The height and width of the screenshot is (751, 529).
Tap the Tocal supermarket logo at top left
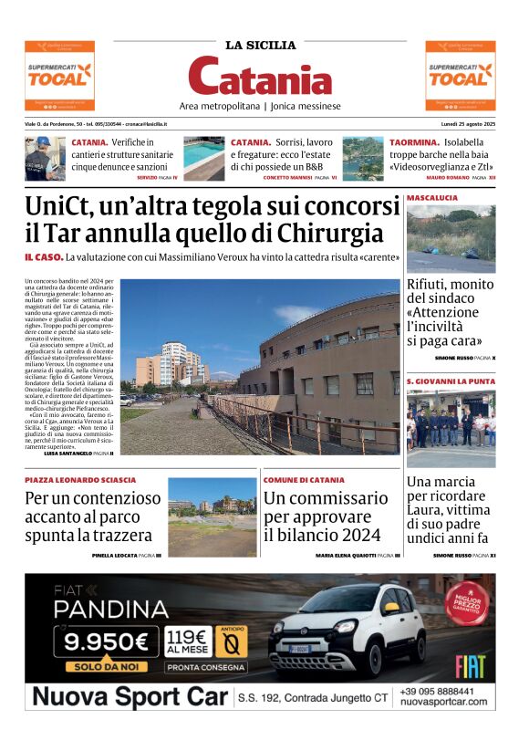click(x=58, y=74)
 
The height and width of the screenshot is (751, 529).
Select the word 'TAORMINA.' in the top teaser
click(x=415, y=142)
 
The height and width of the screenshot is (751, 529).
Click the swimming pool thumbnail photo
click(x=203, y=158)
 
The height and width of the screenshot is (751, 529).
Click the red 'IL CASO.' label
click(x=43, y=258)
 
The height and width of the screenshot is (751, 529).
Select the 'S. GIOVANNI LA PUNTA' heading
click(x=451, y=381)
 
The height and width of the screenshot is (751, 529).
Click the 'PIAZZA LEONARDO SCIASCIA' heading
click(x=80, y=479)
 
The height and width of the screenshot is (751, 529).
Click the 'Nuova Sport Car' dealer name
click(x=130, y=698)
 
